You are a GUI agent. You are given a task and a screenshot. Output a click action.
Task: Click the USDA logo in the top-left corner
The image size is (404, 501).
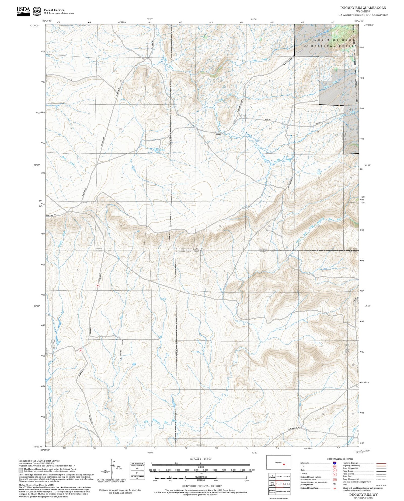click(x=23, y=11)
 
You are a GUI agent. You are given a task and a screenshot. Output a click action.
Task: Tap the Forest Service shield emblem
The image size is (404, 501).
click(x=37, y=11)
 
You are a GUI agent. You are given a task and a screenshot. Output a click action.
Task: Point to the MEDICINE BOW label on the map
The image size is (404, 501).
click(x=333, y=40)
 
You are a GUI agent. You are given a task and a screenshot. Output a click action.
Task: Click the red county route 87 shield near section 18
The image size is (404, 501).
click(x=81, y=350)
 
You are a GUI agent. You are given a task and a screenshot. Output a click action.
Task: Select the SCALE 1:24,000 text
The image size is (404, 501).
click(x=200, y=459)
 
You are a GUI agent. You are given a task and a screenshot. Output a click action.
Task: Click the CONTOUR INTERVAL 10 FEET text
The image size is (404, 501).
click(x=202, y=486)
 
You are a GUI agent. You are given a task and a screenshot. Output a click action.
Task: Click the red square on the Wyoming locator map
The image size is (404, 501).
click(x=284, y=464)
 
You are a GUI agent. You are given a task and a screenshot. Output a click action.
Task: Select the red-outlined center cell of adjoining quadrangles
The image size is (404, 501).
click(x=279, y=484)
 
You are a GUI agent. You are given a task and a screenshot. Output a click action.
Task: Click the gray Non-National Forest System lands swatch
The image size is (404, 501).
click(x=21, y=470)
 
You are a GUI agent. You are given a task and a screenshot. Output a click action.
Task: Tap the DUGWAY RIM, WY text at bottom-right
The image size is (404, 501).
click(x=363, y=495)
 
